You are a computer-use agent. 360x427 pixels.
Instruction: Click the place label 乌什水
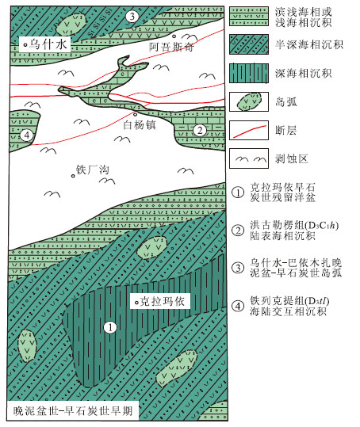pyautogui.click(x=48, y=44)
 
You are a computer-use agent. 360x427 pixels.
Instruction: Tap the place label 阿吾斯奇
pyautogui.click(x=171, y=47)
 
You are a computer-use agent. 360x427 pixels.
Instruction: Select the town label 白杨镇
pyautogui.click(x=140, y=125)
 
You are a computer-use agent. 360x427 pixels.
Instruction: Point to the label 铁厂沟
pyautogui.click(x=93, y=170)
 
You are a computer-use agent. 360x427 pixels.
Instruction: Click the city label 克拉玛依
pyautogui.click(x=163, y=302)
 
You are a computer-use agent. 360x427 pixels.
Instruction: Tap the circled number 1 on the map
pyautogui.click(x=110, y=327)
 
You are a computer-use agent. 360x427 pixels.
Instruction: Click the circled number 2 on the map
pyautogui.click(x=200, y=130)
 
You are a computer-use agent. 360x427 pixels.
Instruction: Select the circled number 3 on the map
pyautogui.click(x=132, y=17)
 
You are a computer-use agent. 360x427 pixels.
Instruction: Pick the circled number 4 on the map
pyautogui.click(x=26, y=135)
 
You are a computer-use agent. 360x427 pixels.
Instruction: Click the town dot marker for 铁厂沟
pyautogui.click(x=73, y=176)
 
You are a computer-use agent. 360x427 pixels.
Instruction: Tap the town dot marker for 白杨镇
pyautogui.click(x=135, y=114)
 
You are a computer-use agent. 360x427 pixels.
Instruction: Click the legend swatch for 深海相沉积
pyautogui.click(x=249, y=73)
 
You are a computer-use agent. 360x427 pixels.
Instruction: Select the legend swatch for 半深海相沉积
pyautogui.click(x=249, y=44)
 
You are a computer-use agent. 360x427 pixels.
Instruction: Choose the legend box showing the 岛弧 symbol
pyautogui.click(x=249, y=101)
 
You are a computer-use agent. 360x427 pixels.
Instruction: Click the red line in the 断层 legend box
pyautogui.click(x=249, y=131)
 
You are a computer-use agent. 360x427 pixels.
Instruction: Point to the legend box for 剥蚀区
pyautogui.click(x=249, y=158)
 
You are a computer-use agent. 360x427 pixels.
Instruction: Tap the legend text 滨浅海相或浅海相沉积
pyautogui.click(x=303, y=17)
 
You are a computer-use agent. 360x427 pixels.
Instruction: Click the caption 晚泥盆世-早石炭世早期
pyautogui.click(x=73, y=410)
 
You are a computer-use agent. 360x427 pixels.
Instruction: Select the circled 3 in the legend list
pyautogui.click(x=238, y=268)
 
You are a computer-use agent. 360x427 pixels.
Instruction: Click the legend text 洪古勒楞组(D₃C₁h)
pyautogui.click(x=294, y=225)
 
